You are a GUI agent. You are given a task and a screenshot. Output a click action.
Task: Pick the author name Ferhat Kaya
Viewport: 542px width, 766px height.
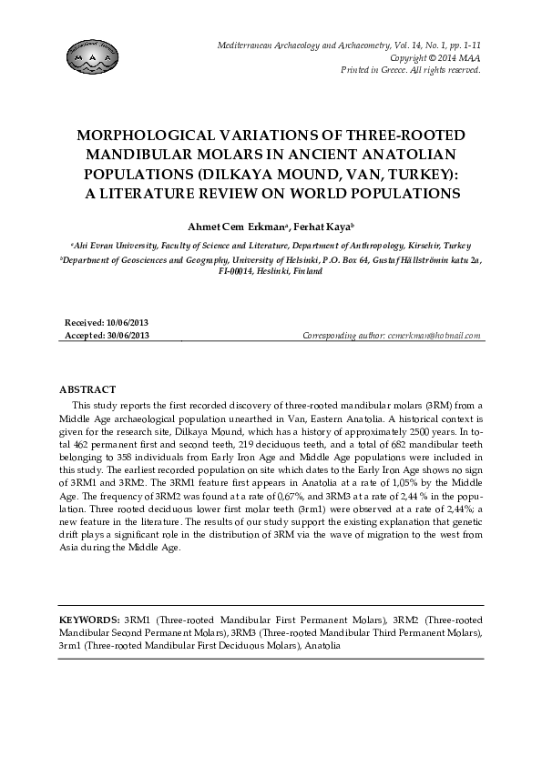pos(322,225)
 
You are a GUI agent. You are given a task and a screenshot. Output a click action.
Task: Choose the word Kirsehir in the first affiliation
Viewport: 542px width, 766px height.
pos(429,246)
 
